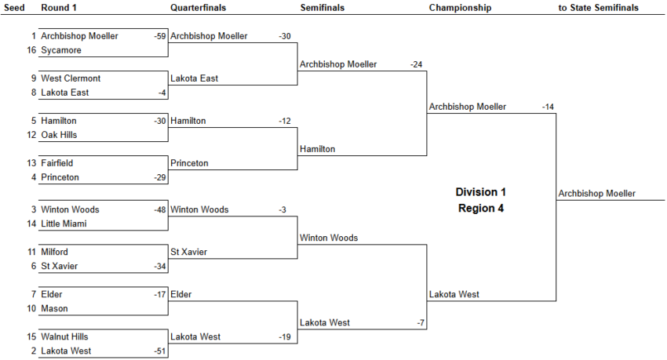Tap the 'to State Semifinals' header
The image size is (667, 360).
tap(598, 8)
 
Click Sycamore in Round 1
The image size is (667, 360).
tap(61, 50)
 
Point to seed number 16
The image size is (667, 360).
tap(31, 50)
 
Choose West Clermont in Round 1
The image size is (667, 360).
tap(71, 78)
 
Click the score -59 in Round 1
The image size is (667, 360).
tap(159, 36)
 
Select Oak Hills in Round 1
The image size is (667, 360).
tap(59, 135)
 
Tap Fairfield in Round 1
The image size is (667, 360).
tap(57, 163)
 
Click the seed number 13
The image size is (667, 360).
tap(31, 163)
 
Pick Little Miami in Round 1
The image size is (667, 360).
tap(64, 224)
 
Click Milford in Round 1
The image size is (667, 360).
tap(54, 252)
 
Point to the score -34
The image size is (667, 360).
tap(159, 266)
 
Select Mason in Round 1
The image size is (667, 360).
tap(54, 308)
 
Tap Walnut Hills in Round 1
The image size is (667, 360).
tap(64, 336)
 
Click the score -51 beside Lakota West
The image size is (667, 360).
tap(159, 351)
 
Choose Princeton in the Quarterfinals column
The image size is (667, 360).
tap(189, 163)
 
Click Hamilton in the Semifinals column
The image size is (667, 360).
tap(317, 149)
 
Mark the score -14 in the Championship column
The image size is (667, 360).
tap(548, 107)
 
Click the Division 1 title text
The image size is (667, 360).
tap(481, 192)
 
